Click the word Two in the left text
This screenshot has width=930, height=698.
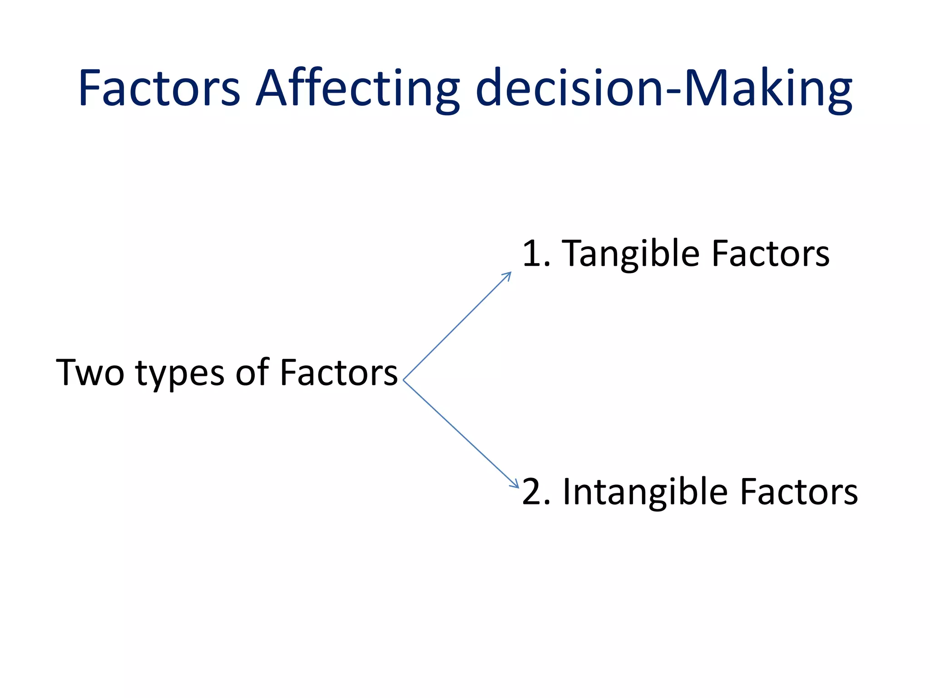tap(90, 373)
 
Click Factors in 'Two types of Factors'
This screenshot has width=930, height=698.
tap(339, 373)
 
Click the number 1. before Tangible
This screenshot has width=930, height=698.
tap(536, 254)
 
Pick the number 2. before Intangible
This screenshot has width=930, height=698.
tap(536, 492)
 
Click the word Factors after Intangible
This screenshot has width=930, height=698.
tap(799, 492)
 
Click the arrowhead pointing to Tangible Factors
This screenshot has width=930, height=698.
tap(509, 274)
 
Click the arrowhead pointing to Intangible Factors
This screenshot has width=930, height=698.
tap(515, 485)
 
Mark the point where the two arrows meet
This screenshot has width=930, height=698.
tap(403, 380)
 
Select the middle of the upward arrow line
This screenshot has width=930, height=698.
tap(457, 327)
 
